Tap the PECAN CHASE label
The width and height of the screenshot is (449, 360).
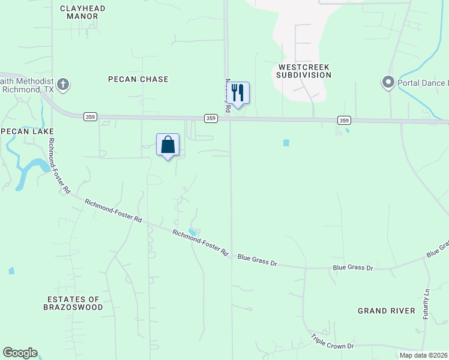138,79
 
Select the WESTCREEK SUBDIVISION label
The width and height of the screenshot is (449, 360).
304,71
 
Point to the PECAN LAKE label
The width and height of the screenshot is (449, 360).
27,131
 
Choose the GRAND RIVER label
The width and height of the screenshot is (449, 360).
387,310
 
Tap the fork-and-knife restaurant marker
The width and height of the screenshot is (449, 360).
238,93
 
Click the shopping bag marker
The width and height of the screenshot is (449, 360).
168,145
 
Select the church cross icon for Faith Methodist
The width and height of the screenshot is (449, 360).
64,85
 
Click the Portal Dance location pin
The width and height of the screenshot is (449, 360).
388,82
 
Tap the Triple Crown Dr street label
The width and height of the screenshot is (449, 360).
333,343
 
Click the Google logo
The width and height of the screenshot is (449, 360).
20,353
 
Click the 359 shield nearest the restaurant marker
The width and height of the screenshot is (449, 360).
211,118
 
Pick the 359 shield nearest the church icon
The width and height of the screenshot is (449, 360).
90,116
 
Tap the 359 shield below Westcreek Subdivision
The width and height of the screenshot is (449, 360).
344,120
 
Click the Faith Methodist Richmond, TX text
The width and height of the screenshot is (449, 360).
27,85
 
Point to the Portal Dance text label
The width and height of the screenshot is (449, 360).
423,83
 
